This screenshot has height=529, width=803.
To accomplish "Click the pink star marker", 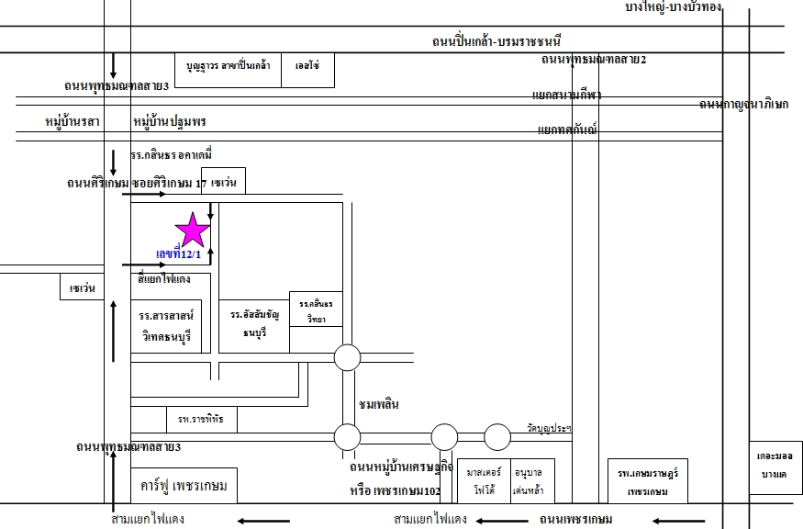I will click(194, 230).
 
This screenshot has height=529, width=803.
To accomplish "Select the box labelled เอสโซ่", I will click(307, 69).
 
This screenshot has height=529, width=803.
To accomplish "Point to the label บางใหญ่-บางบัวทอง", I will click(673, 7).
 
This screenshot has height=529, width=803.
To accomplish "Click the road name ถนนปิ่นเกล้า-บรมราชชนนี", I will click(496, 40).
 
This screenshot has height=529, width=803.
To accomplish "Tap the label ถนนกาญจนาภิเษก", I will click(743, 104).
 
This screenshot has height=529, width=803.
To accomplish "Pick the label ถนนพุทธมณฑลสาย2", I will click(594, 60).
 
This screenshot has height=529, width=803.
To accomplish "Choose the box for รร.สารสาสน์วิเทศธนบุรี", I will click(166, 326).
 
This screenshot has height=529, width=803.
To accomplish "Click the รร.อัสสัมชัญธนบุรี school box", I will click(254, 326).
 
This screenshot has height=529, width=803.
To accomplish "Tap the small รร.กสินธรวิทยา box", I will click(316, 309).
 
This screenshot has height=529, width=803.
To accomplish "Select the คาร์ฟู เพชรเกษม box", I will click(184, 485).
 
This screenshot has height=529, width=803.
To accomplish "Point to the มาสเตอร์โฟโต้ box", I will click(482, 480).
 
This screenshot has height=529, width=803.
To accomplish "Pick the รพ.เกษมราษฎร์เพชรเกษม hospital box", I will click(647, 480).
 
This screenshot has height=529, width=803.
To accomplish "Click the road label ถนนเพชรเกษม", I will click(576, 520).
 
